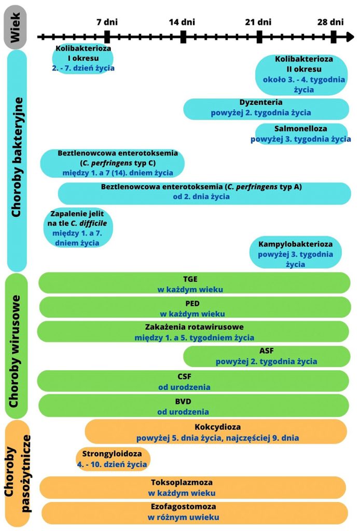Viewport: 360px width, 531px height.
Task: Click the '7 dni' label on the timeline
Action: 107,22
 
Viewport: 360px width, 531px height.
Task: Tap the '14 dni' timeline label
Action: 182,22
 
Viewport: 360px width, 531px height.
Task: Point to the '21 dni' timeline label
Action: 258,22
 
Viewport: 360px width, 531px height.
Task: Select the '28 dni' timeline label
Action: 331,22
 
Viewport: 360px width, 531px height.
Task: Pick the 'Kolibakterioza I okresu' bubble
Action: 83,58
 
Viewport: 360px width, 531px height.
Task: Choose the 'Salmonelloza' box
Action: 301,134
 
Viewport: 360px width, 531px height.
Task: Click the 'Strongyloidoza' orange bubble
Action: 112,459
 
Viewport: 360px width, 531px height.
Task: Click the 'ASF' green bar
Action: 266,356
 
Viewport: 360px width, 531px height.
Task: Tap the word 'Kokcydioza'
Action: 217,427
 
